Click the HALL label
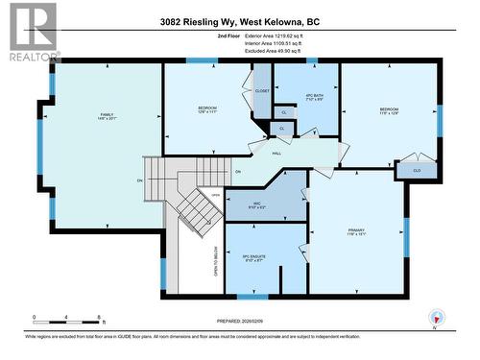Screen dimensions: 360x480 [x=275, y=153]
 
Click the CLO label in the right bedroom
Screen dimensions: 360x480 [x=417, y=171]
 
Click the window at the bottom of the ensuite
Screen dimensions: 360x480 [x=252, y=296]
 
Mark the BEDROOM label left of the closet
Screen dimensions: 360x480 [x=207, y=108]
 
